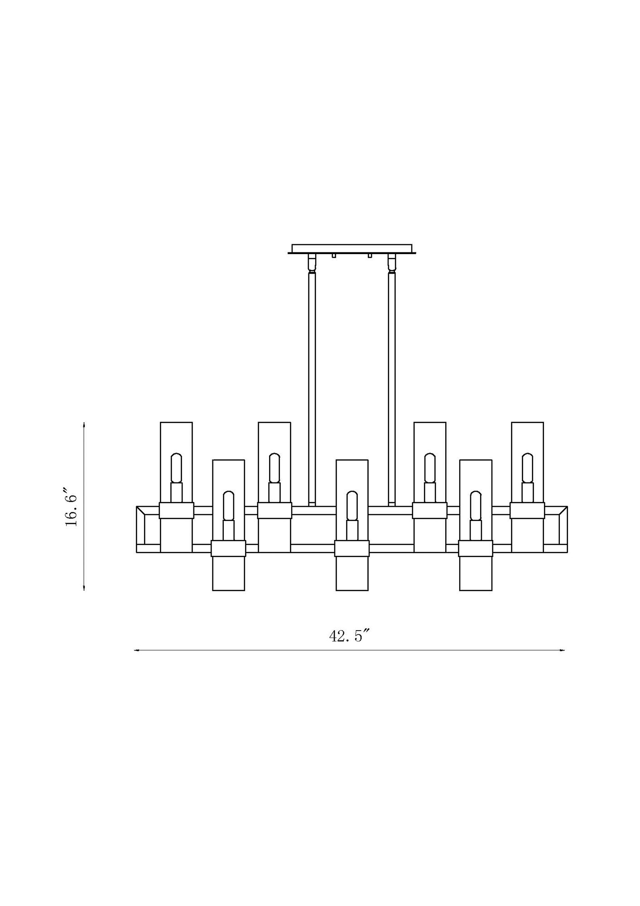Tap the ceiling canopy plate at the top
coord(352,248)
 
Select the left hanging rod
coord(312,385)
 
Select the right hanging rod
coord(392,385)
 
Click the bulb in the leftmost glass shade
coord(176,468)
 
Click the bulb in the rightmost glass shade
coord(527,468)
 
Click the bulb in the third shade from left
coord(274,468)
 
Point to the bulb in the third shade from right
coord(430,468)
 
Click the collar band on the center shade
coord(352,548)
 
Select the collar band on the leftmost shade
coord(176,511)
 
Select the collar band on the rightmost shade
coord(527,511)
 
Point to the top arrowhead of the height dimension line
coord(84,424)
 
